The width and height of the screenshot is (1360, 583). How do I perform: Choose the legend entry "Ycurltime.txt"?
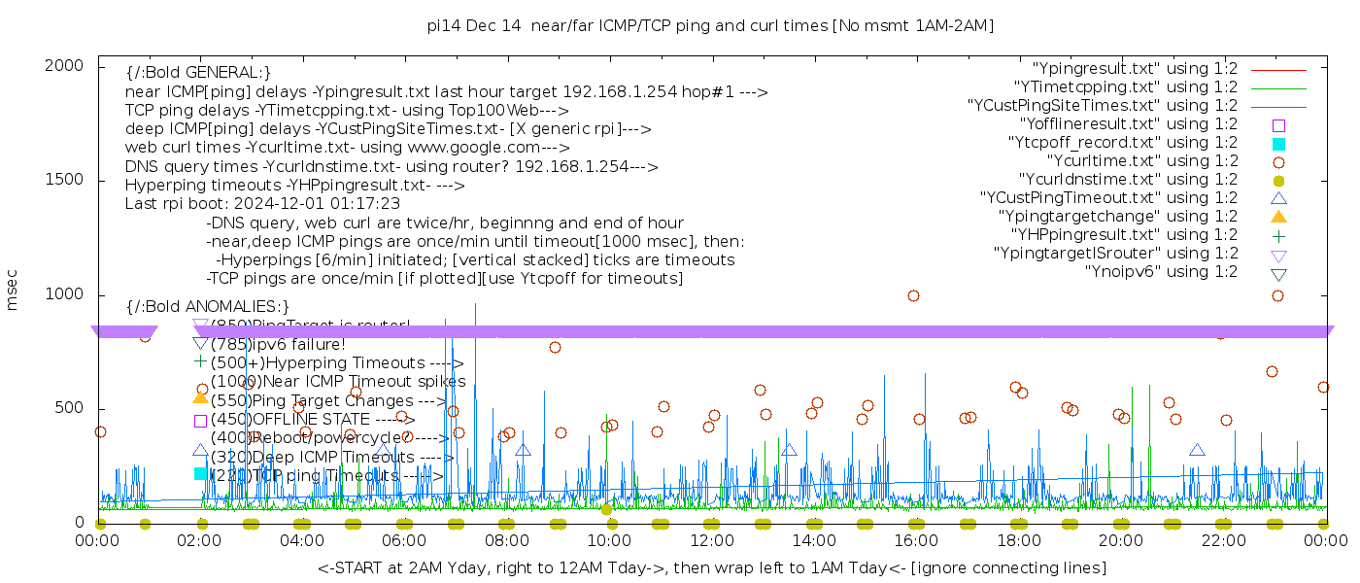point(1141,161)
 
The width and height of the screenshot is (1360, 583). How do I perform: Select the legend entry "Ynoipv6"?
point(1161,272)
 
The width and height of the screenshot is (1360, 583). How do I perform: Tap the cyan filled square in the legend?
point(1278,144)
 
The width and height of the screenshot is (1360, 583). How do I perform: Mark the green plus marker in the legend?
point(1278,235)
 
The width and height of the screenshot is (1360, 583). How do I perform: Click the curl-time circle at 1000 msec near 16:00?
point(913,295)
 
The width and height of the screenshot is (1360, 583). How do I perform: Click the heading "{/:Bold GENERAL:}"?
point(198,73)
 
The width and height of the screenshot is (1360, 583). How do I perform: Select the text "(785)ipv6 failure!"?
point(278,345)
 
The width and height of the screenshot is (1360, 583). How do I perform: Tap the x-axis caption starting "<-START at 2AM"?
point(711,567)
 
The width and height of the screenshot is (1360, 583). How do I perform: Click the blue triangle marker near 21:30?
point(1197,450)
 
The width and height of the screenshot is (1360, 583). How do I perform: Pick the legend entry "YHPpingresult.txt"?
point(1124,235)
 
